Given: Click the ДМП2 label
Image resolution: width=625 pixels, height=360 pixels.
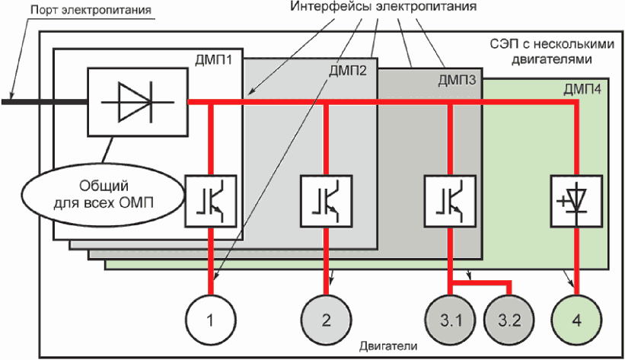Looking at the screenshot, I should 348,72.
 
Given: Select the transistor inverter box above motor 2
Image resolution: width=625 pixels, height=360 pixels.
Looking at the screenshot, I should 326,199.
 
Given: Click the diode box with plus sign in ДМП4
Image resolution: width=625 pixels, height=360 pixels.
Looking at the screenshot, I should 576,199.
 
